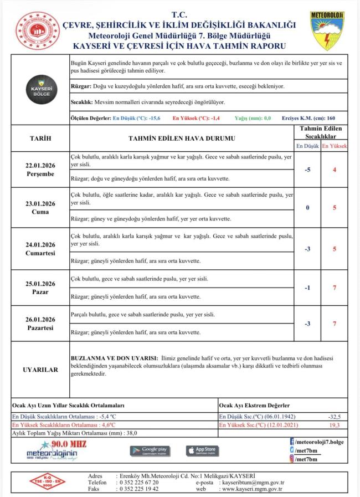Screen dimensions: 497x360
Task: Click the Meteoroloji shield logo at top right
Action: pos(328,31)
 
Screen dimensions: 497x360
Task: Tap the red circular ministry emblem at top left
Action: pos(37,32)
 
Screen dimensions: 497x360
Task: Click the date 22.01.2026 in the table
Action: pos(40,165)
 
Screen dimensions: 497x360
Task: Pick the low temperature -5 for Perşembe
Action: pos(307,170)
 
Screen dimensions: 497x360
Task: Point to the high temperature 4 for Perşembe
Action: pos(335,170)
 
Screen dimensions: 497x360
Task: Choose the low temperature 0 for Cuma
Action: pos(307,208)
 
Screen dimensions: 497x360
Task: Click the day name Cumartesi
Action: pos(40,253)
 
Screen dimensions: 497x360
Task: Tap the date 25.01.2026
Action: pos(40,284)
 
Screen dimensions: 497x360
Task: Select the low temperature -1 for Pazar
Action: pos(307,288)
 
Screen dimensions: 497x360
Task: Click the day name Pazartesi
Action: pos(40,328)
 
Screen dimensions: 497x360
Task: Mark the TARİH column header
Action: pos(40,138)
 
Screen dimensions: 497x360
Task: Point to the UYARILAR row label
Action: pos(40,370)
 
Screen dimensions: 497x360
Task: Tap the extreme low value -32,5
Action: pos(334,416)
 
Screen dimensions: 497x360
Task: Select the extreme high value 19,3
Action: pos(334,425)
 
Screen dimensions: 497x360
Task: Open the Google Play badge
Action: pos(150,450)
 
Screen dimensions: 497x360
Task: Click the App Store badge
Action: pos(202,450)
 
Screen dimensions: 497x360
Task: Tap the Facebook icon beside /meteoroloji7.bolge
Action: pos(292,441)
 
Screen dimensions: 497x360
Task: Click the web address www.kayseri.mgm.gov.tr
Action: pos(252,489)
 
